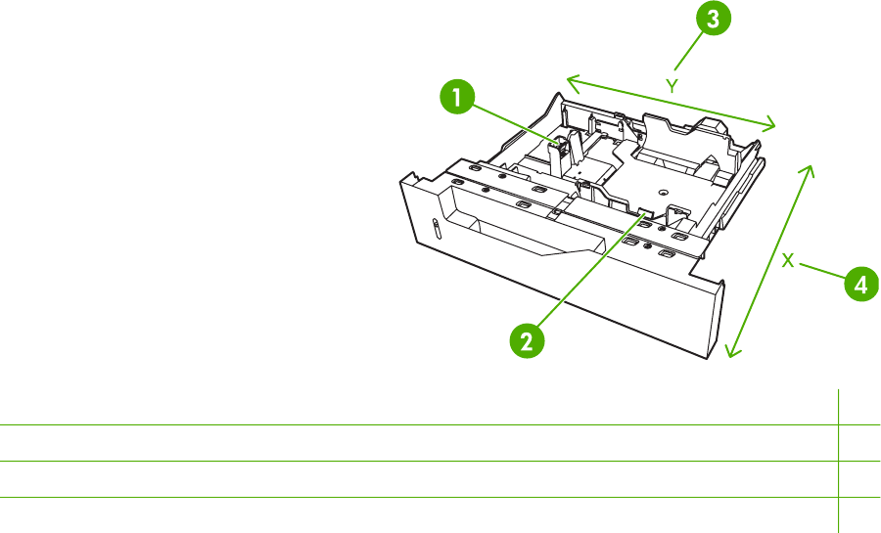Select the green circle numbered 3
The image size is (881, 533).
click(712, 20)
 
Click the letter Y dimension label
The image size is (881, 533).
click(672, 86)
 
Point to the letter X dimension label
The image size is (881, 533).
click(788, 260)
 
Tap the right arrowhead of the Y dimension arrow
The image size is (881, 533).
click(771, 125)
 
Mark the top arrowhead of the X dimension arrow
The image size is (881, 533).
click(810, 168)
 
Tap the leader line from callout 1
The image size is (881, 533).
click(514, 125)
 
